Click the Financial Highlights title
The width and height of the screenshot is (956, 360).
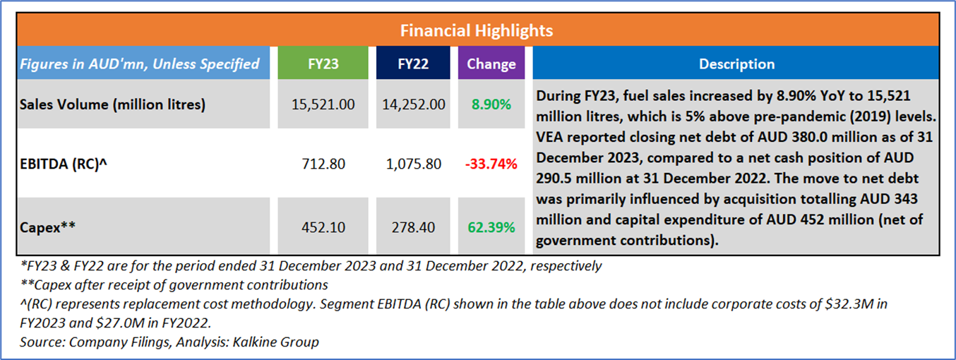coord(477,31)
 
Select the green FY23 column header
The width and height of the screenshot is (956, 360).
coord(323,64)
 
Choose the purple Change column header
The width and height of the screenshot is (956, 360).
coord(491,64)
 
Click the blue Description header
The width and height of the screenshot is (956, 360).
coord(736,64)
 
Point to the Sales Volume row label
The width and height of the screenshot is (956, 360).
coord(112,104)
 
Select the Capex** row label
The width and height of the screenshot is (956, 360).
coord(48,228)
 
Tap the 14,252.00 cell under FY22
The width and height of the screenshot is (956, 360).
coord(412,104)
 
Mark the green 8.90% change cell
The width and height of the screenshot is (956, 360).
coord(491,104)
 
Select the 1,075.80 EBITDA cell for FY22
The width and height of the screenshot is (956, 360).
coord(412,164)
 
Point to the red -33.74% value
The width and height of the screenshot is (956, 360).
coord(491,164)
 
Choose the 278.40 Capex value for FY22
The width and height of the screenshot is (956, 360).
coord(412,228)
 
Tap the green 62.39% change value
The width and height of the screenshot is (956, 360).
coord(491,228)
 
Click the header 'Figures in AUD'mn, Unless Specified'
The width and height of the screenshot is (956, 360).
coord(139,64)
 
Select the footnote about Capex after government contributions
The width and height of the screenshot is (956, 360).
coord(174,285)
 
